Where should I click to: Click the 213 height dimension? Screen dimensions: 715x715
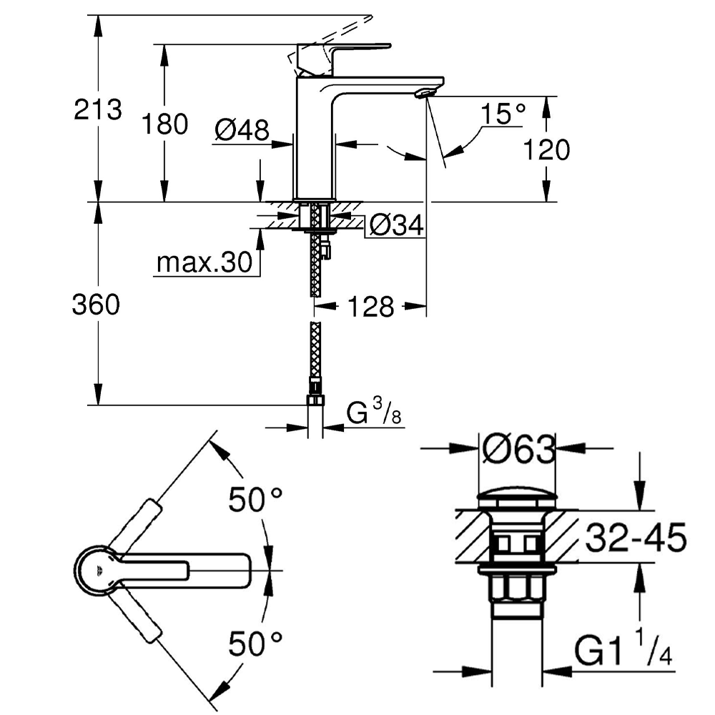pyautogui.click(x=98, y=110)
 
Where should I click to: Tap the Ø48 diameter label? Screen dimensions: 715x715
pyautogui.click(x=242, y=129)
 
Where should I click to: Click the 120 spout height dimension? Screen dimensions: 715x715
pyautogui.click(x=546, y=150)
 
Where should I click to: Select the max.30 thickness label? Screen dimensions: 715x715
pyautogui.click(x=204, y=263)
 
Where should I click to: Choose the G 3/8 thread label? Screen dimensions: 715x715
pyautogui.click(x=373, y=414)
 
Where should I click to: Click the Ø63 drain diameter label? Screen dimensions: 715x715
pyautogui.click(x=518, y=450)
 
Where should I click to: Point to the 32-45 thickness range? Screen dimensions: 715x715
pyautogui.click(x=636, y=536)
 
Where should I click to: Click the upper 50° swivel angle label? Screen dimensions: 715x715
pyautogui.click(x=256, y=500)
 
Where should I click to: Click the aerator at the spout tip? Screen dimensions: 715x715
pyautogui.click(x=425, y=92)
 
